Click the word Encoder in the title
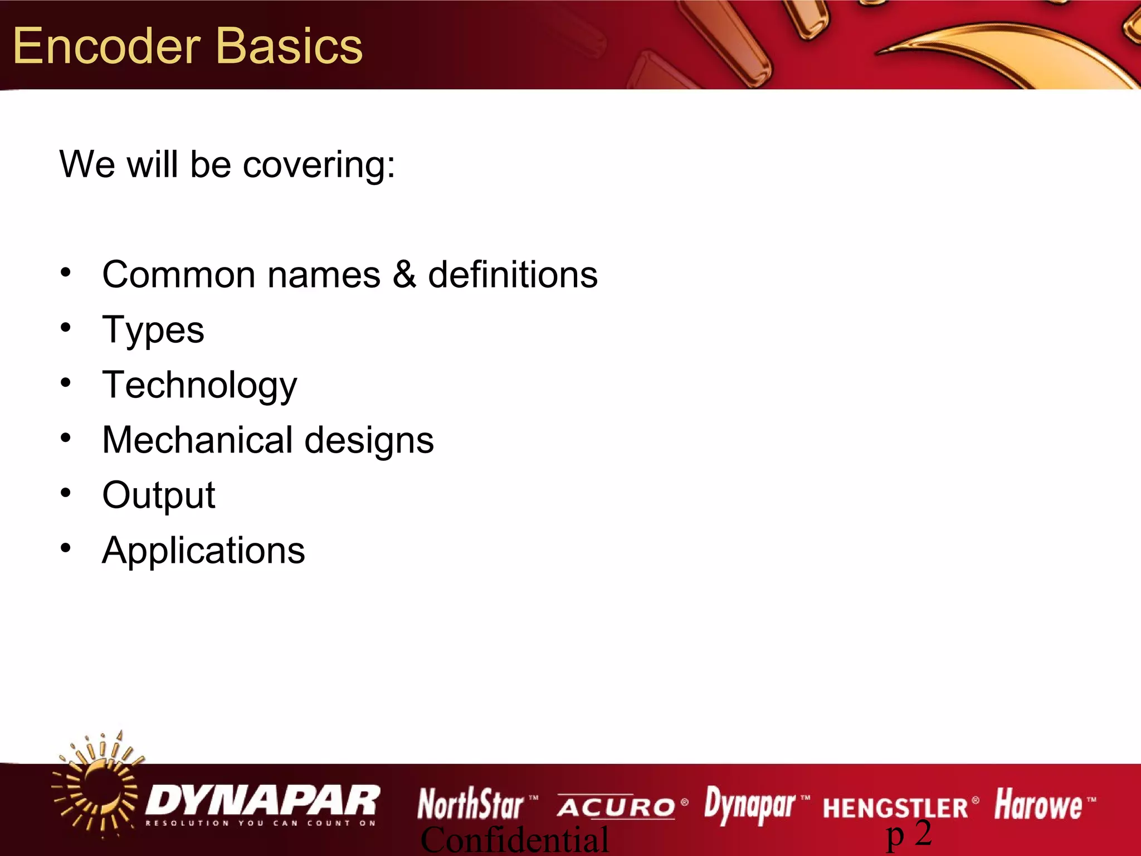coord(106,47)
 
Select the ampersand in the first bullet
coord(404,275)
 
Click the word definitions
coord(513,275)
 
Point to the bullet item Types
coord(153,330)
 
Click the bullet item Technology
coord(199,386)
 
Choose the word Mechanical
coord(198,440)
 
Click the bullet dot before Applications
coord(66,548)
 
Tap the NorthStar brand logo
coord(471,804)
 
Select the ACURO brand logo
coord(616,807)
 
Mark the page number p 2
coord(909,834)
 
